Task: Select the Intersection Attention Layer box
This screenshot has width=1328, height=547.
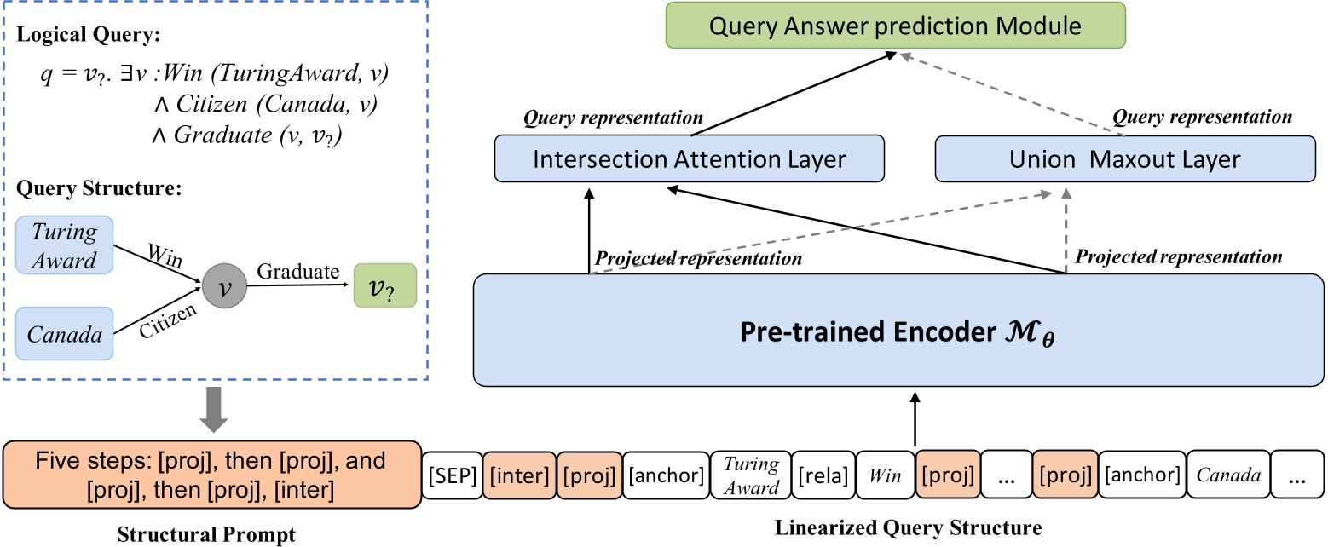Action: click(x=690, y=158)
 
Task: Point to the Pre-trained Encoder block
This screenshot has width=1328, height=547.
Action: click(x=898, y=329)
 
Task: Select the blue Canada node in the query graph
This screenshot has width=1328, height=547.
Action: click(x=65, y=335)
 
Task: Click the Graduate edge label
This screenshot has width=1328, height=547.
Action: click(x=298, y=273)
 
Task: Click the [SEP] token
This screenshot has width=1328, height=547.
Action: click(x=452, y=475)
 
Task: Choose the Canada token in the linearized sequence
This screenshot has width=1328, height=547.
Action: click(x=1228, y=475)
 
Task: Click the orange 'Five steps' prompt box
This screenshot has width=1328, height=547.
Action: click(x=212, y=475)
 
